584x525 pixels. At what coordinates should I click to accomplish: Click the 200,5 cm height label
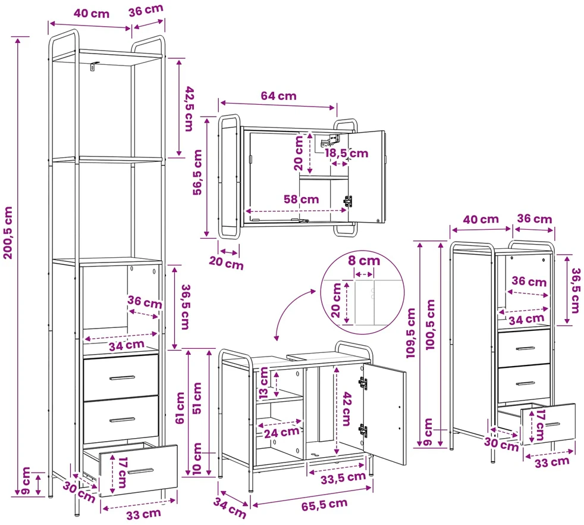click(8, 233)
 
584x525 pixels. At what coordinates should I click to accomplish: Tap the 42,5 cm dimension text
click(189, 108)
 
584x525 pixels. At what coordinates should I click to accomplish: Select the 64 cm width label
click(278, 96)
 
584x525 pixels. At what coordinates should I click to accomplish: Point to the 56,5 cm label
click(197, 172)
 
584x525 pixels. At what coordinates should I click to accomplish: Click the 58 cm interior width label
click(302, 199)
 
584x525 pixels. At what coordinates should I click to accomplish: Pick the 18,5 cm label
click(346, 153)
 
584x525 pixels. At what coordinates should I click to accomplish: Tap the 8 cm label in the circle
click(364, 260)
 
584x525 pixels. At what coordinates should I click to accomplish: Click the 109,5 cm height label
click(411, 333)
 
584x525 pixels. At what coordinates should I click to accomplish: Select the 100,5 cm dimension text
click(430, 324)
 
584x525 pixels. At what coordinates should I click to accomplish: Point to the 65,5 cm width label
click(324, 505)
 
